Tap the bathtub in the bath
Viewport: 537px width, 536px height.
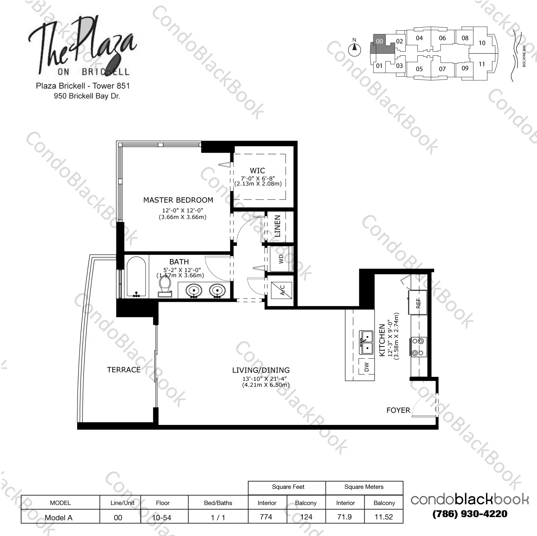136,277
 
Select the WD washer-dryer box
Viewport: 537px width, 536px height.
281,259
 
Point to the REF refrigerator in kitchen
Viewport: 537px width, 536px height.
418,303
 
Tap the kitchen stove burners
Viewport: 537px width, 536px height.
418,347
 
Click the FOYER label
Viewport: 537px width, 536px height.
398,410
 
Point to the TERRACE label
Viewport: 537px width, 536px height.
124,370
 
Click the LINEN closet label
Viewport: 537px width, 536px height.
277,226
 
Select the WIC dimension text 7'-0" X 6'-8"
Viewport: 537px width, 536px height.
257,178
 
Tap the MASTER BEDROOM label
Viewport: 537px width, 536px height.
178,200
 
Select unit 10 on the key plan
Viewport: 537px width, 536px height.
482,43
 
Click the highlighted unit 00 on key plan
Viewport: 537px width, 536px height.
380,42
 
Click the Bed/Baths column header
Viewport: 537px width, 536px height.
218,503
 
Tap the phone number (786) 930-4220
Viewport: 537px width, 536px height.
470,514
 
